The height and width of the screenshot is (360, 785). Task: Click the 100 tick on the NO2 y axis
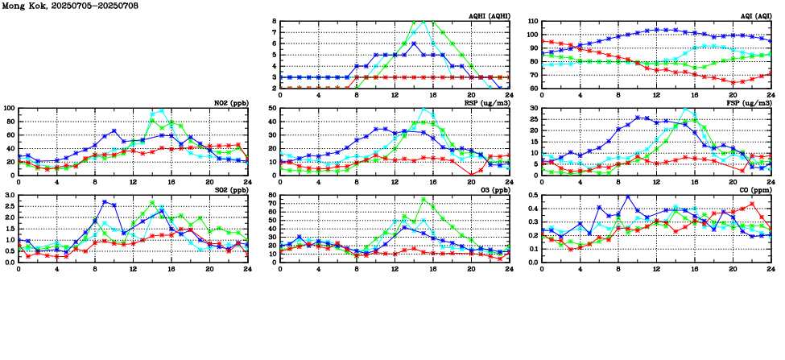point(9,108)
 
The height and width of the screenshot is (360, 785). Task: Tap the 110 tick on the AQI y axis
point(532,22)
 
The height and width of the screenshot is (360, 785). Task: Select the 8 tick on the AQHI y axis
point(274,22)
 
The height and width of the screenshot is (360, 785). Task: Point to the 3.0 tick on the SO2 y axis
point(9,196)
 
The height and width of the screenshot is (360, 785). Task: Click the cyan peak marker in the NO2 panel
point(162,111)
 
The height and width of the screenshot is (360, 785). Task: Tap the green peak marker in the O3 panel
point(423,200)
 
